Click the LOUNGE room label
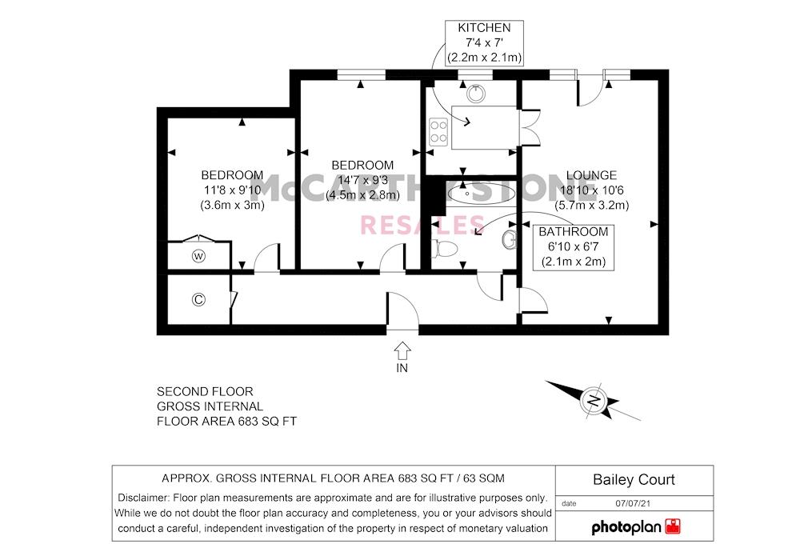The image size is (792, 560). (591, 175)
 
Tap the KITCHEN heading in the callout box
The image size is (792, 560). (484, 28)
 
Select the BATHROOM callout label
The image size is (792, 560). (574, 232)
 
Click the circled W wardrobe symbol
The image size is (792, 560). (198, 257)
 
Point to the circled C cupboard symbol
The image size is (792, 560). (198, 300)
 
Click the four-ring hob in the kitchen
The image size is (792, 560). (438, 132)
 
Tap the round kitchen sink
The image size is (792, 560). (476, 94)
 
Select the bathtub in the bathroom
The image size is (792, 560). (481, 194)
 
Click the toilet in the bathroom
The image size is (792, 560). (445, 248)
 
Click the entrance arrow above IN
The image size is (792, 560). (402, 350)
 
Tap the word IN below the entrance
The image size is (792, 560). (402, 368)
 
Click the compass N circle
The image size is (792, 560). (594, 402)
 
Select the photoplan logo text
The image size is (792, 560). (626, 528)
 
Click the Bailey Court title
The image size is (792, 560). (634, 480)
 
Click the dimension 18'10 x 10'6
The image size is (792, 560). (591, 190)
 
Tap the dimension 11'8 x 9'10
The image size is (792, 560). (232, 190)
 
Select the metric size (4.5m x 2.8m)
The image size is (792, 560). (362, 195)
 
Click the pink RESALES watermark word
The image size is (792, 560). (422, 226)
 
